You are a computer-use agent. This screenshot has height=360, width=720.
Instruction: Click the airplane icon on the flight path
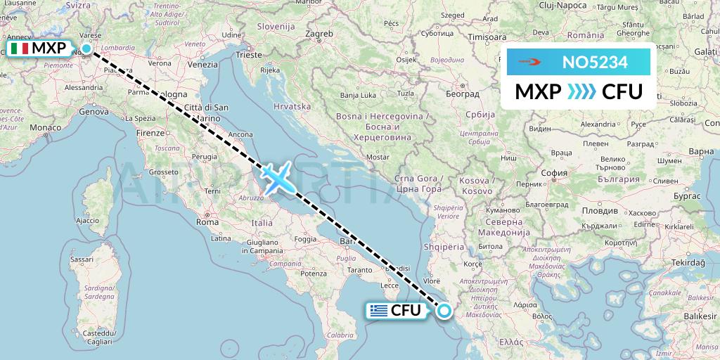coord(278,177)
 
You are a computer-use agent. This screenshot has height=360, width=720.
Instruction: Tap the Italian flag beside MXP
coord(19,49)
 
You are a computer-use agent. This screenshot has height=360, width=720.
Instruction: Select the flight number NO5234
coord(595,63)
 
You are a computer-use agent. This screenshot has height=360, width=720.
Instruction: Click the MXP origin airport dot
coord(86,49)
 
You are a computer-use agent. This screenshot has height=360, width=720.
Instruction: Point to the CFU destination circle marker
coord(444,310)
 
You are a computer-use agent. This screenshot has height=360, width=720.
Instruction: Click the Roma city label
coord(207,221)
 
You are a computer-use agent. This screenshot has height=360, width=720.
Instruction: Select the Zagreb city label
coord(319,34)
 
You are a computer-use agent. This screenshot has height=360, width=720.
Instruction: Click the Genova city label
coord(94,111)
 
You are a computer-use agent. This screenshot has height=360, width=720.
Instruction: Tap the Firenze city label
coord(150,132)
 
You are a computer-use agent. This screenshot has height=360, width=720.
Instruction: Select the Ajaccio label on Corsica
coord(86,221)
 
